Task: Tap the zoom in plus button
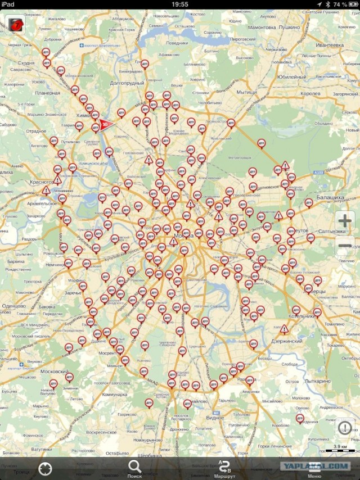pos(344,221)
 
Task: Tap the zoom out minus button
pos(344,244)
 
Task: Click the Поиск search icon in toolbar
pos(134,468)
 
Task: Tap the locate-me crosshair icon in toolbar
pos(45,468)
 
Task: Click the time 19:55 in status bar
pos(179,4)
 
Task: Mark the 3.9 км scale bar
pos(340,448)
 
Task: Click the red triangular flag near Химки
pos(105,124)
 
